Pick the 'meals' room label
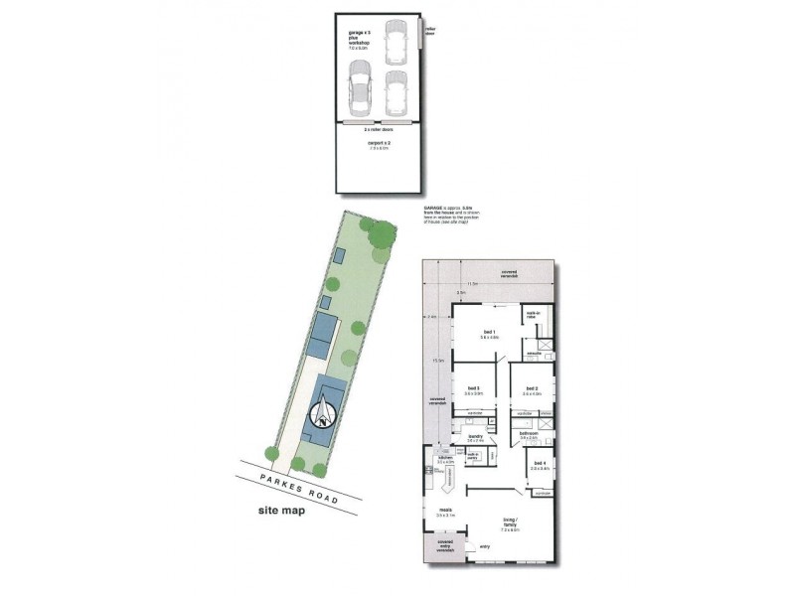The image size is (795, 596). [x=443, y=511]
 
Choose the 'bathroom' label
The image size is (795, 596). [x=529, y=433]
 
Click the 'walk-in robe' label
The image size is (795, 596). [x=532, y=312]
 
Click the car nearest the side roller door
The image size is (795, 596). [x=396, y=43]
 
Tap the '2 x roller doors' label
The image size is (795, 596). [x=381, y=128]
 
